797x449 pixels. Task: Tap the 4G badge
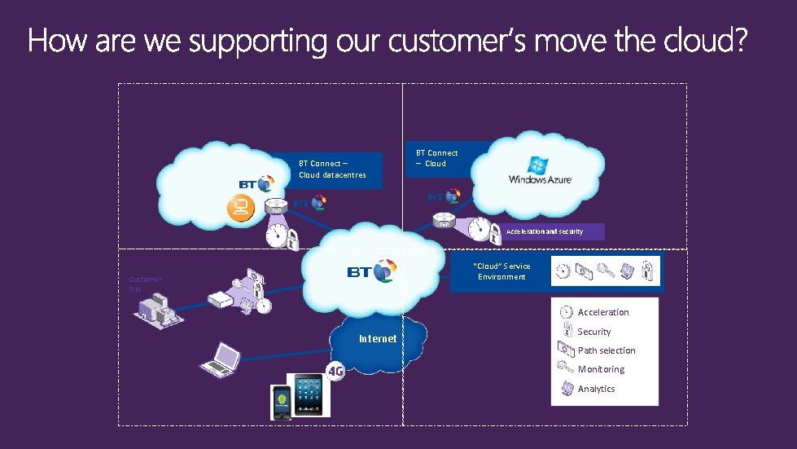(335, 372)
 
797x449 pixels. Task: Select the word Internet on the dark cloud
(378, 338)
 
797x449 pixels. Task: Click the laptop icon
(221, 359)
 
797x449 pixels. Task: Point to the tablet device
(312, 395)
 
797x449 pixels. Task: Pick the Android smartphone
(281, 402)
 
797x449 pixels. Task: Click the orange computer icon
(240, 208)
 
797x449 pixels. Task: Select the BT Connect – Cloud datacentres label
(332, 169)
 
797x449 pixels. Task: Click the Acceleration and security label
(545, 231)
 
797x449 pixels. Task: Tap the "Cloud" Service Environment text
(501, 271)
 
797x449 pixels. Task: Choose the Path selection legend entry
(606, 350)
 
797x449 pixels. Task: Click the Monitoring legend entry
(601, 369)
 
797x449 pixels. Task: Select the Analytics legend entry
(596, 389)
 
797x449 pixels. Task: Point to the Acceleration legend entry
(602, 312)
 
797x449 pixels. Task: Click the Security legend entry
(593, 332)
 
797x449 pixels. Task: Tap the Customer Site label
(145, 284)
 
